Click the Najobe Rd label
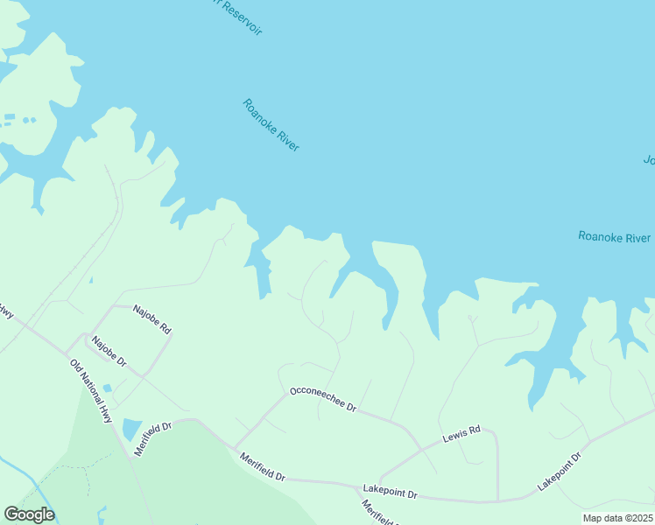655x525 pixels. (151, 316)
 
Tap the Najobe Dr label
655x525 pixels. (109, 351)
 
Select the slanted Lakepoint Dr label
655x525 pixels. (560, 472)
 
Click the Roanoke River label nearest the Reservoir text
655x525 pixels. (271, 125)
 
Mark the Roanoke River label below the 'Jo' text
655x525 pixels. (614, 237)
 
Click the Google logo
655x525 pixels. (29, 514)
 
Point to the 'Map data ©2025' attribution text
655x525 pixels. (617, 518)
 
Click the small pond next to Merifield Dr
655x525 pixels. (131, 430)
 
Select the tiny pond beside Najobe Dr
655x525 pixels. (107, 388)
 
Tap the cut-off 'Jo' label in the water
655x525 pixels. (649, 160)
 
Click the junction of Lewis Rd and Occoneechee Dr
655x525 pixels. (421, 449)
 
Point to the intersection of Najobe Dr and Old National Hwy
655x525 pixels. (67, 356)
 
